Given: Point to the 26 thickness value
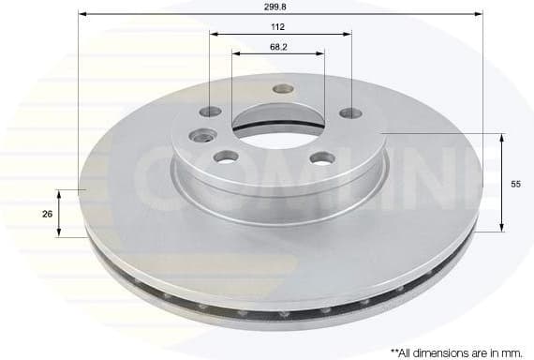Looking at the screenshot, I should coord(47,214).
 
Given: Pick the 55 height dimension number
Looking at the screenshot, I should coord(515,185).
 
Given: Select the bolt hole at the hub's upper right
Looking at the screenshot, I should coord(350,113).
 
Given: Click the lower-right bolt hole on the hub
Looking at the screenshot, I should coord(323,157).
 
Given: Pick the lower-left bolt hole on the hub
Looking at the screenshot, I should coord(225,157).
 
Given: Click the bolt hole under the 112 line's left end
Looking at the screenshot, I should coord(211,112).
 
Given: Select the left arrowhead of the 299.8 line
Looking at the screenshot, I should coord(82,14).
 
